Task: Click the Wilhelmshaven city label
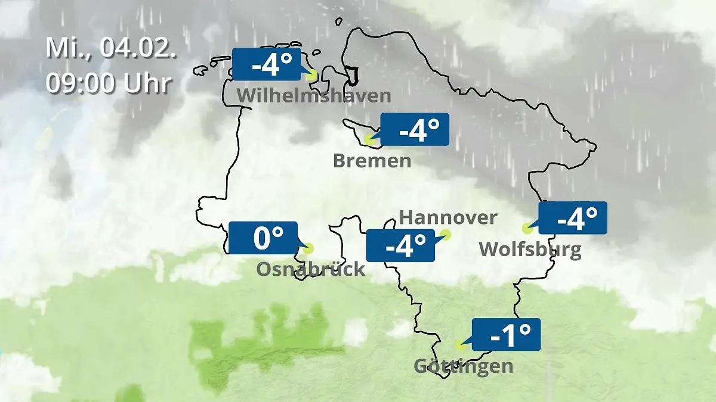click(314, 95)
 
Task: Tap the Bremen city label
click(372, 161)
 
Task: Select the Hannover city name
click(447, 217)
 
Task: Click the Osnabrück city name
click(310, 269)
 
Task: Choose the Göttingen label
click(463, 365)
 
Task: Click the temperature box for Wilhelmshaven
click(266, 64)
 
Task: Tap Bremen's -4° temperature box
click(414, 129)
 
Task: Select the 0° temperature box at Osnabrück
click(263, 238)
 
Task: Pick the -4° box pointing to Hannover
click(400, 245)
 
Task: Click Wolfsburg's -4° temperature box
click(573, 217)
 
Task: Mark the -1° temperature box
click(506, 335)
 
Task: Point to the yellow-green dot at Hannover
click(446, 235)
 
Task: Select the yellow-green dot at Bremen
click(370, 141)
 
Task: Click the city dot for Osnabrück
click(307, 248)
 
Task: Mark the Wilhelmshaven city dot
click(311, 76)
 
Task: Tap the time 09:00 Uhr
click(109, 83)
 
